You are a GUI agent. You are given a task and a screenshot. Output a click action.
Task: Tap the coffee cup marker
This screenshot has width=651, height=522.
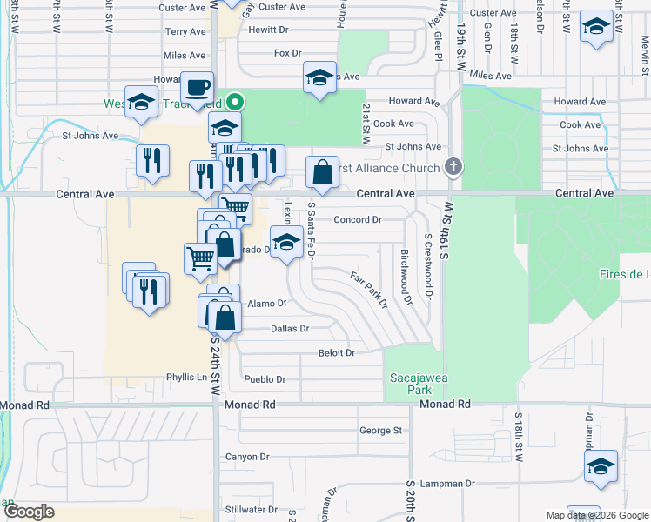click(197, 89)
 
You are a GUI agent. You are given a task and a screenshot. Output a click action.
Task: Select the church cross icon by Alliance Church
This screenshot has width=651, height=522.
click(453, 166)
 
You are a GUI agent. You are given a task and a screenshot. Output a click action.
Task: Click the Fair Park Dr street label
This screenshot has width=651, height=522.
click(369, 289)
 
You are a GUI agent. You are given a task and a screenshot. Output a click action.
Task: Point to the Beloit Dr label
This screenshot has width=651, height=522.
click(337, 352)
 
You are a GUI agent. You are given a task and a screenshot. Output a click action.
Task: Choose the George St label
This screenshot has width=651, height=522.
click(380, 430)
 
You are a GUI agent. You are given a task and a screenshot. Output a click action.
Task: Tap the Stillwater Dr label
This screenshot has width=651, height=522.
click(251, 509)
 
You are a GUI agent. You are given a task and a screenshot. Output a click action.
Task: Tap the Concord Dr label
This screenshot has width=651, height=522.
click(358, 220)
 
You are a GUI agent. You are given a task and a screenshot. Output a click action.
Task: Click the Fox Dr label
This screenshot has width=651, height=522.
click(287, 52)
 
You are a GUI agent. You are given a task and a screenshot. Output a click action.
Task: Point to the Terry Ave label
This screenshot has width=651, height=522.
click(185, 31)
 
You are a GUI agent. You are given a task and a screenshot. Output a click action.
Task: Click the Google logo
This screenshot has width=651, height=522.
click(28, 512)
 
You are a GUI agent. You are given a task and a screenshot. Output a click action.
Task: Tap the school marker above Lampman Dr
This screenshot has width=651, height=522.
click(601, 467)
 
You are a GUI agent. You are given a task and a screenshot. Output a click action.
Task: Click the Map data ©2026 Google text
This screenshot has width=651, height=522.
click(596, 515)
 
